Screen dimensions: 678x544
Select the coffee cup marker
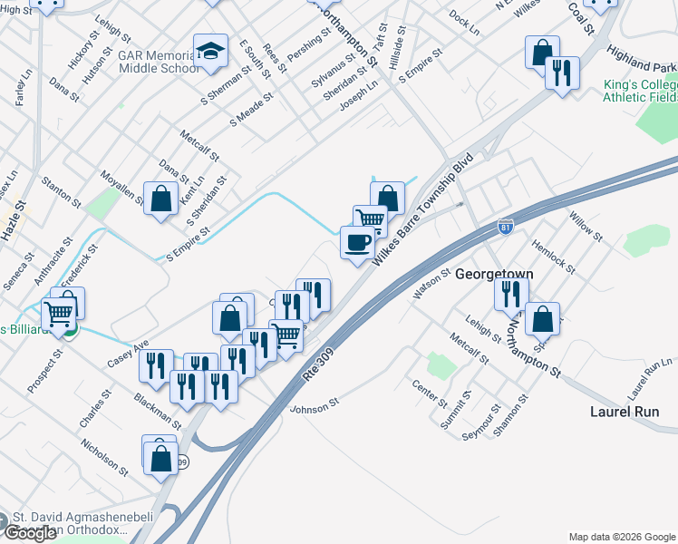pos(357,242)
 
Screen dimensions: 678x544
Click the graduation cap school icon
pos(210,53)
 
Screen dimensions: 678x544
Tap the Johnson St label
pos(314,404)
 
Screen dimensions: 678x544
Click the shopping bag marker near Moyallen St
pos(160,199)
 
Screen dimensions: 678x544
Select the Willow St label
pos(584,225)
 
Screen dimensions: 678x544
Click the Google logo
pos(30,533)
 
